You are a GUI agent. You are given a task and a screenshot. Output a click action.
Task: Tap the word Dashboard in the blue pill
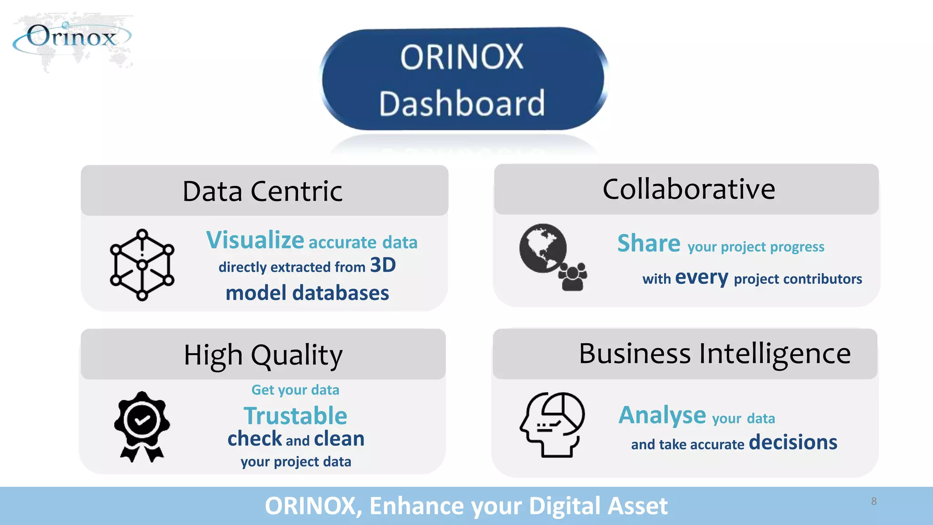pyautogui.click(x=462, y=103)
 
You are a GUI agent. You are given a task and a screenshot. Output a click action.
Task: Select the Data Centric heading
pyautogui.click(x=262, y=191)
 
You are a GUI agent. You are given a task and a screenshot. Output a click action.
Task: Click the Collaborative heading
pyautogui.click(x=688, y=189)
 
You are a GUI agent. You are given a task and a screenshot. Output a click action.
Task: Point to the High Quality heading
pyautogui.click(x=263, y=355)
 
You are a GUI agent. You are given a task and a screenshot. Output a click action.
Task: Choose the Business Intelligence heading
pyautogui.click(x=714, y=354)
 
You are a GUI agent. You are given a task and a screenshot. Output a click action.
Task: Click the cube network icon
pyautogui.click(x=142, y=265)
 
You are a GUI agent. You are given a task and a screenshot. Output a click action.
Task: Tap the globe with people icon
pyautogui.click(x=552, y=257)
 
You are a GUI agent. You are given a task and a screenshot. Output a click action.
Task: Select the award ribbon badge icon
pyautogui.click(x=142, y=427)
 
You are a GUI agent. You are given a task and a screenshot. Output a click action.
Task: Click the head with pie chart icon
pyautogui.click(x=552, y=424)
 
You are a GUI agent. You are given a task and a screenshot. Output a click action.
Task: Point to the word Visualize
pyautogui.click(x=255, y=240)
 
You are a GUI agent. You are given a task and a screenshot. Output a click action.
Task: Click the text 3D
pyautogui.click(x=383, y=265)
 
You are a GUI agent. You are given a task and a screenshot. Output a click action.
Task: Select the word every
pyautogui.click(x=702, y=278)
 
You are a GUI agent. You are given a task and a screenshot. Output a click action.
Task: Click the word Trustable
pyautogui.click(x=295, y=416)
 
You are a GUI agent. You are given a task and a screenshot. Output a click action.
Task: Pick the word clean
pyautogui.click(x=339, y=439)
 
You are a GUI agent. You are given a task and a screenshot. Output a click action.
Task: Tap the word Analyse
pyautogui.click(x=662, y=416)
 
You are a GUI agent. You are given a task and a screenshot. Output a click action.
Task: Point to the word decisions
pyautogui.click(x=793, y=442)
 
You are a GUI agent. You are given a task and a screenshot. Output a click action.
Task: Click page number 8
pyautogui.click(x=874, y=501)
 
